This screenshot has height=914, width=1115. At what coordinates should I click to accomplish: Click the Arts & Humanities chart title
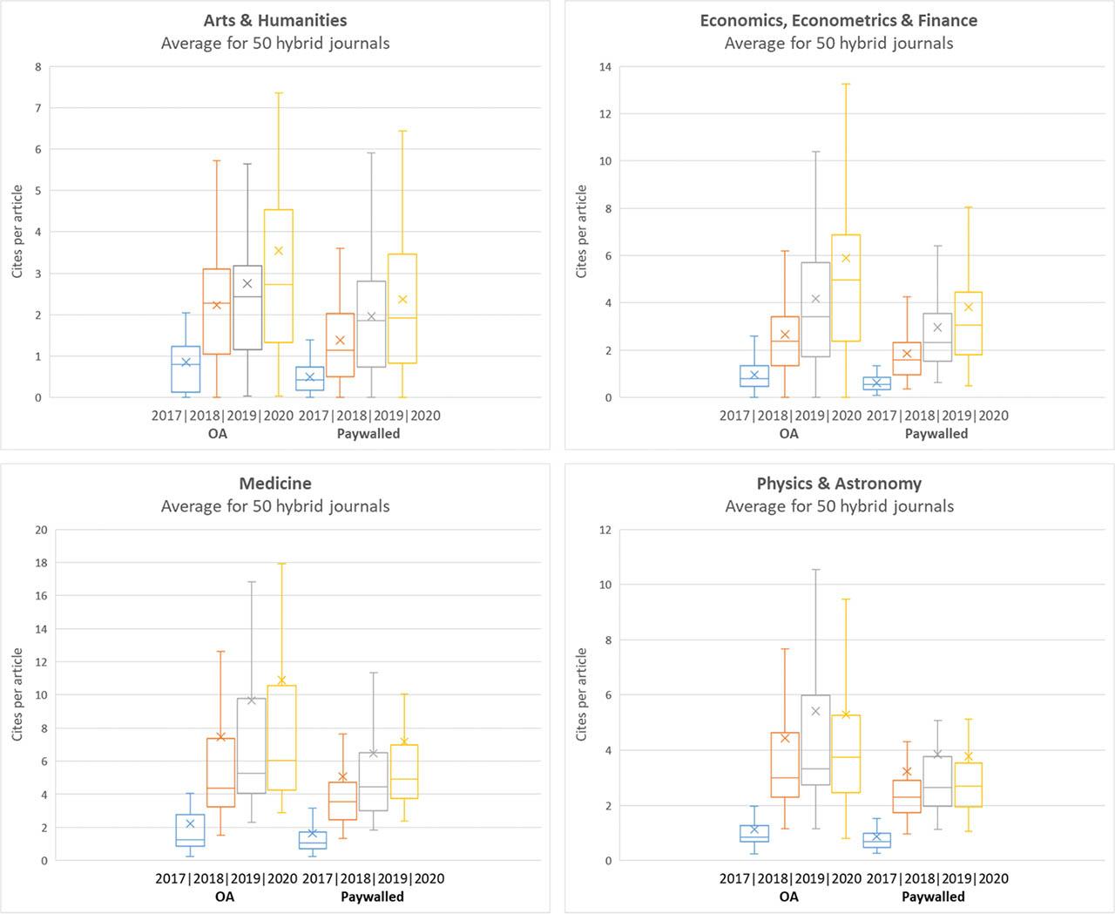pyautogui.click(x=275, y=20)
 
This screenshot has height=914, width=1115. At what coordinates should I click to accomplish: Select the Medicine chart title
pyautogui.click(x=275, y=484)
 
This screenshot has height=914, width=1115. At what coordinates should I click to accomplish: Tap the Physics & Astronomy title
pyautogui.click(x=839, y=484)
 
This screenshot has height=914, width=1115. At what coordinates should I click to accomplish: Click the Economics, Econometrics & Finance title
pyautogui.click(x=839, y=20)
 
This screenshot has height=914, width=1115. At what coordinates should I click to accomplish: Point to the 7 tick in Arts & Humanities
pyautogui.click(x=37, y=108)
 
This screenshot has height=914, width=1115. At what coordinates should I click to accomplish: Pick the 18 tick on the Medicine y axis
pyautogui.click(x=41, y=563)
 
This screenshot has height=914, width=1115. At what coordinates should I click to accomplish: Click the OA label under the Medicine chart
pyautogui.click(x=224, y=896)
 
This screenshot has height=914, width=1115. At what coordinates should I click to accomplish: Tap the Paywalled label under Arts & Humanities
pyautogui.click(x=368, y=433)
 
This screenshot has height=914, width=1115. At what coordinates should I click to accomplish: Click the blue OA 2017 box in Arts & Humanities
pyautogui.click(x=186, y=369)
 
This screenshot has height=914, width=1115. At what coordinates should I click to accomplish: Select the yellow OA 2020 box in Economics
pyautogui.click(x=846, y=288)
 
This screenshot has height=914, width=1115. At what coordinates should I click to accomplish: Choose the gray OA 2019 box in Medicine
pyautogui.click(x=252, y=746)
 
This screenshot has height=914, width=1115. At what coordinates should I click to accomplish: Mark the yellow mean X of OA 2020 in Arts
pyautogui.click(x=279, y=251)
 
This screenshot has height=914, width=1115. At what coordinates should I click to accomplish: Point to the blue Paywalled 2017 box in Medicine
pyautogui.click(x=313, y=840)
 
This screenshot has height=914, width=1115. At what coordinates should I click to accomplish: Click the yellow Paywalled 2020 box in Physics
pyautogui.click(x=969, y=785)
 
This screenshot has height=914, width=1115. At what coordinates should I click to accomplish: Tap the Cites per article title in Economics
pyautogui.click(x=582, y=232)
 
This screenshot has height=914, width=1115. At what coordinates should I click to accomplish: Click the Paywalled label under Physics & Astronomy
pyautogui.click(x=933, y=896)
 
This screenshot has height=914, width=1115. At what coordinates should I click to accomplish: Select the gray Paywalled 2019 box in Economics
pyautogui.click(x=937, y=337)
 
